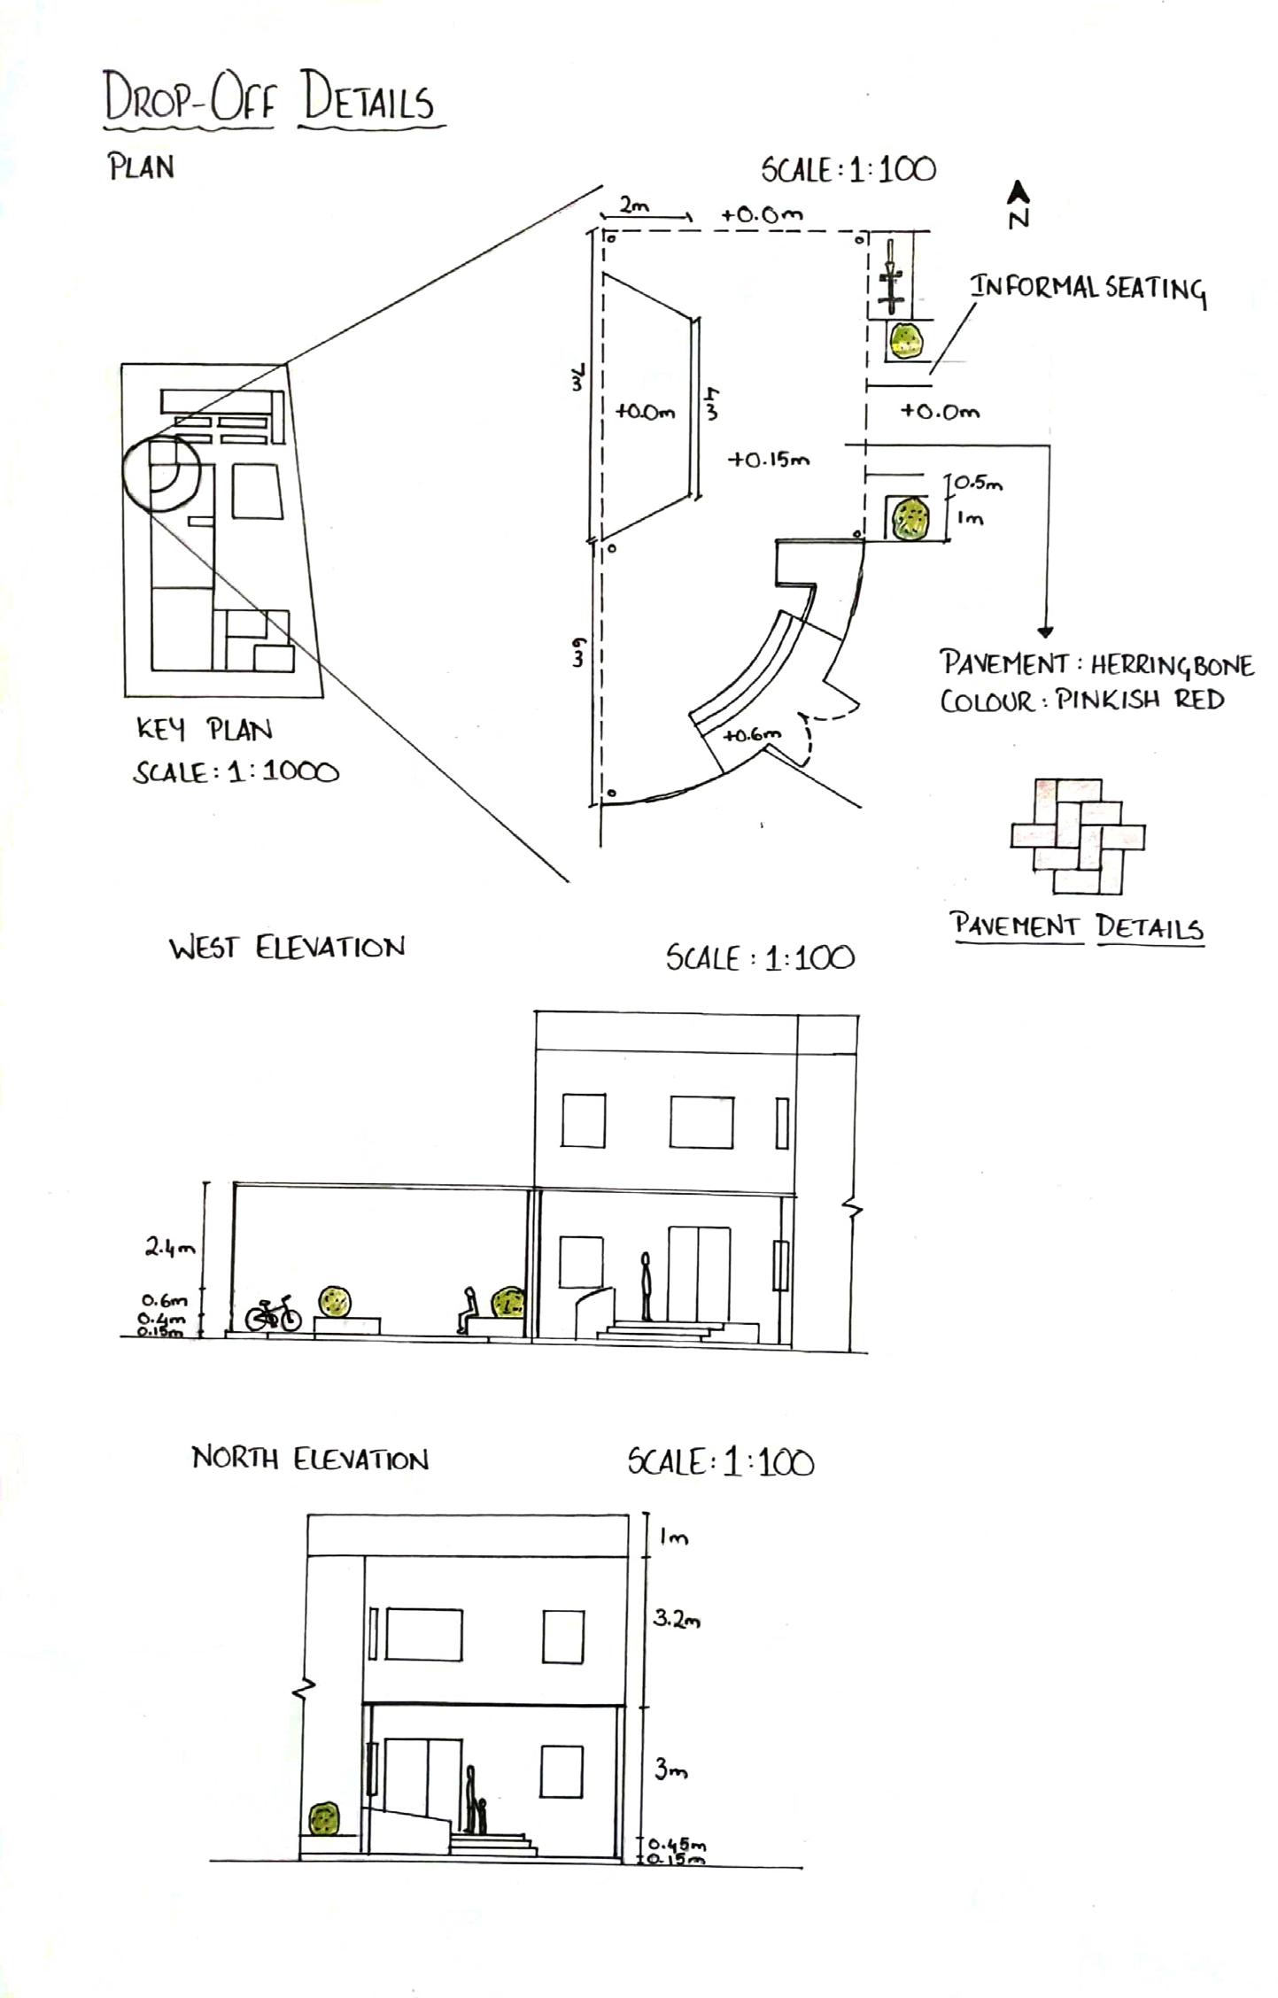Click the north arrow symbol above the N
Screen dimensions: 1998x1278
click(1019, 190)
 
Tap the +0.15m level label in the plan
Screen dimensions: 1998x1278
click(769, 461)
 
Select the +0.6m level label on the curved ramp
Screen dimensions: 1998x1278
click(752, 734)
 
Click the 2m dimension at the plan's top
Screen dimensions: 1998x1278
click(633, 206)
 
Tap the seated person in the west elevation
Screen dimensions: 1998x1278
click(467, 1309)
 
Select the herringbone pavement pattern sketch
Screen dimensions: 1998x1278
click(1078, 836)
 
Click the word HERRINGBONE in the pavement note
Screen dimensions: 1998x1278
click(1172, 665)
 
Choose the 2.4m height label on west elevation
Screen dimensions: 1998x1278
click(169, 1249)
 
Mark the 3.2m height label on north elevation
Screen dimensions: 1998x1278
click(677, 1620)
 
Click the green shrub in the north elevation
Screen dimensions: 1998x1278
click(324, 1819)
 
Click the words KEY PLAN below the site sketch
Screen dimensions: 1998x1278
click(204, 730)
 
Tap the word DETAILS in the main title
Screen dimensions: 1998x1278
click(368, 101)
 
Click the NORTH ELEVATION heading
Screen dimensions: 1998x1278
click(310, 1459)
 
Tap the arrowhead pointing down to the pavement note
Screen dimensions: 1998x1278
click(1046, 632)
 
